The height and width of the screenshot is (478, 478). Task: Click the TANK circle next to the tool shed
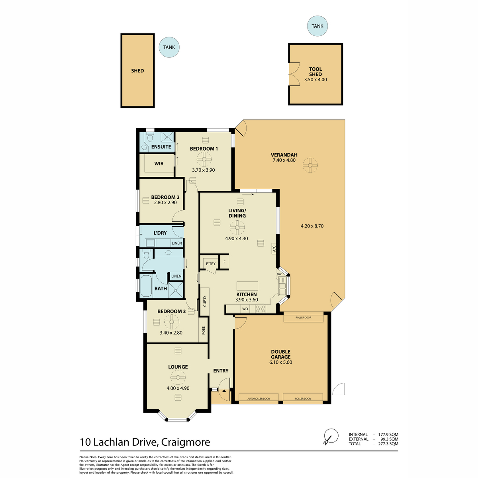317,26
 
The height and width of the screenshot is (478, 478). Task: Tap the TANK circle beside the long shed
169,47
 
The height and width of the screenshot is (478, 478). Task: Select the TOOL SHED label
315,72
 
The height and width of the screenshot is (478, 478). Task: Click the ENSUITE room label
161,147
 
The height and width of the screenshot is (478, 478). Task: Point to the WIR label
159,164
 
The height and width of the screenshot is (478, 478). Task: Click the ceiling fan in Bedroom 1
204,159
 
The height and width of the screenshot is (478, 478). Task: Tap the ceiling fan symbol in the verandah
310,165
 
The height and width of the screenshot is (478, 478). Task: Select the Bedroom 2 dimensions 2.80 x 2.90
165,202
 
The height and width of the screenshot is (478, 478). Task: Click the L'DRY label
160,233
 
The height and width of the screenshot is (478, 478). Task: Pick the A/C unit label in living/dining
274,248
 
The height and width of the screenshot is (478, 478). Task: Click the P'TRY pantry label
211,264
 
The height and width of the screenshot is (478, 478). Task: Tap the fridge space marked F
225,262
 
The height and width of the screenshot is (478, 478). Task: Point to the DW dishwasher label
279,274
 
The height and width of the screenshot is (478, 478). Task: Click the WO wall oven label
245,309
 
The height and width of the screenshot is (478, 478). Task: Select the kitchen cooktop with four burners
261,308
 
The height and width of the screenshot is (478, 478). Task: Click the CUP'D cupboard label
205,302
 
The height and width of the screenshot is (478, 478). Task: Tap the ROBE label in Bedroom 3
204,330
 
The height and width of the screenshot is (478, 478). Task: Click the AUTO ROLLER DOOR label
259,399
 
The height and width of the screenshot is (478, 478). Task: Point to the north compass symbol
331,436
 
